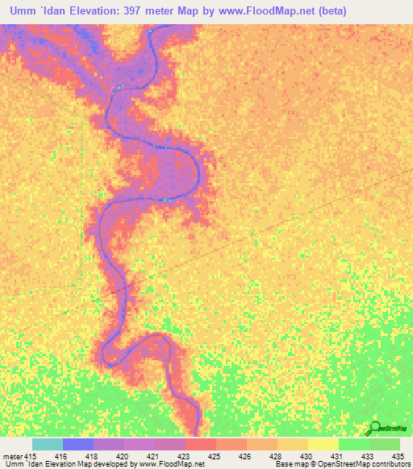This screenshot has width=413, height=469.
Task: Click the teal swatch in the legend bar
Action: coord(47,444)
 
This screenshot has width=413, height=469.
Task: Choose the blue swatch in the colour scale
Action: coord(78,444)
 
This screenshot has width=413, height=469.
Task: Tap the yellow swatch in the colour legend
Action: coord(323,444)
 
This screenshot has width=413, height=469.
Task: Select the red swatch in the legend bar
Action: coord(200,444)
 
